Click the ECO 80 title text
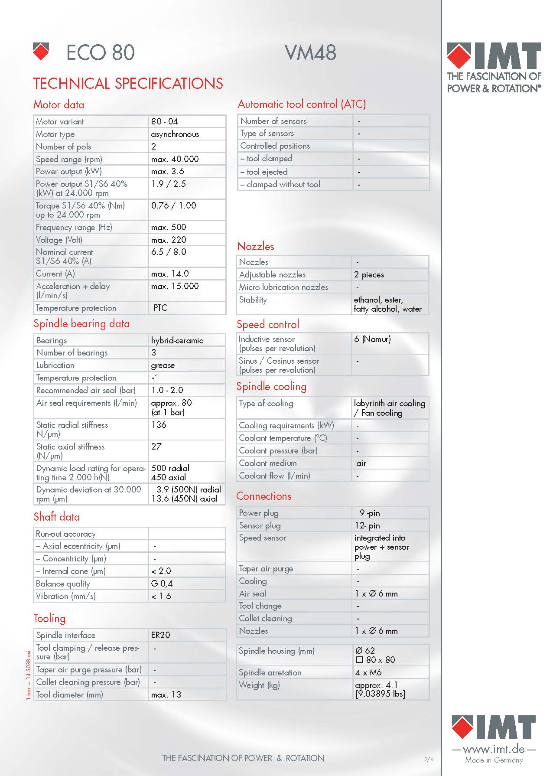pos(100,53)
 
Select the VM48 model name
pos(310,53)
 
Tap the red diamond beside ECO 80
pos(41,51)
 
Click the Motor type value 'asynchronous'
pos(175,134)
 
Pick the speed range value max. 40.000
pos(175,159)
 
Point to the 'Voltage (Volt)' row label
pos(59,240)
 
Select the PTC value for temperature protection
pos(160,308)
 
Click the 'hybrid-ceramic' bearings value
pos(177,340)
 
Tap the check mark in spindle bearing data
pos(154,377)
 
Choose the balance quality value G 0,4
pos(162,584)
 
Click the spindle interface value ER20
pos(160,635)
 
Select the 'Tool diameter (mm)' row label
pos(69,694)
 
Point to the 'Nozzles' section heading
pos(256,246)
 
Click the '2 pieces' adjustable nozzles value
pos(369,274)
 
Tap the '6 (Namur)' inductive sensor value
pos(372,339)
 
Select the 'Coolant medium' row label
pos(268,463)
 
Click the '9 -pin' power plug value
pos(369,513)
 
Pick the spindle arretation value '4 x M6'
pos(368,672)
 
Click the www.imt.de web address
pos(494,749)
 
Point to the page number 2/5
pos(429,759)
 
